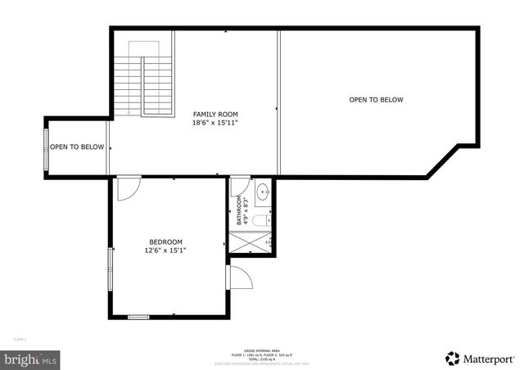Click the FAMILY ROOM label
coord(216,114)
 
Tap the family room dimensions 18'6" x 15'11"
coord(216,123)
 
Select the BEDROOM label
coord(165,241)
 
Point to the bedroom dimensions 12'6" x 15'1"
coord(165,250)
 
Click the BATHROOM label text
coord(240,210)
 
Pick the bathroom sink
coord(262,194)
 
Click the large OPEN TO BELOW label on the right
coord(376,100)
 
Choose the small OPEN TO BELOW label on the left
coord(77,147)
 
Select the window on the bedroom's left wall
coord(111,268)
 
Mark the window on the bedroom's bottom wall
coord(138,317)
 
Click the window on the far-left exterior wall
coord(47,147)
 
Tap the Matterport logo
coord(479,358)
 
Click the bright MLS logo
coord(30,358)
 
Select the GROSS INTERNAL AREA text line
coord(262,349)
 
